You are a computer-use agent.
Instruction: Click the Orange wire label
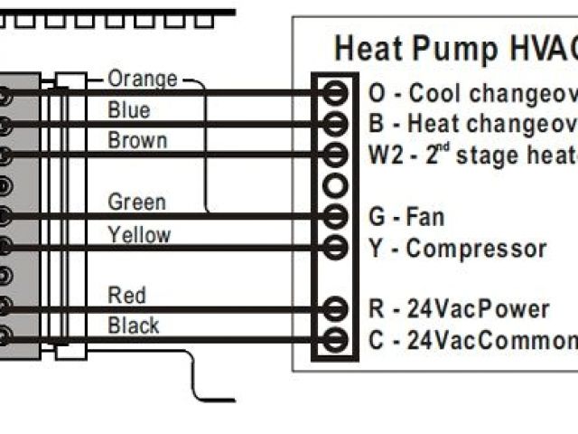coord(143,80)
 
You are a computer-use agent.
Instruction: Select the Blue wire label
coord(129,110)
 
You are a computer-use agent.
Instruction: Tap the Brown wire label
coord(137,141)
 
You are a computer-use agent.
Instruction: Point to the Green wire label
coord(136,202)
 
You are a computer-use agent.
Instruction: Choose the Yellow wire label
coord(139,235)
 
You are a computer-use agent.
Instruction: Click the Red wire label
coord(126,295)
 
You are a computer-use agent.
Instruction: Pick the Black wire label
coord(134,325)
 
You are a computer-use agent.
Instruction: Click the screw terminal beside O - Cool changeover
coord(335,92)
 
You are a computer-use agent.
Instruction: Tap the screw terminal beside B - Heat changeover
coord(335,123)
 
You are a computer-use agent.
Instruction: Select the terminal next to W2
coord(335,154)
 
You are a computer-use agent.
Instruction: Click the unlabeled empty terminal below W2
coord(335,185)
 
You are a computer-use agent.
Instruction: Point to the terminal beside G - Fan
coord(335,216)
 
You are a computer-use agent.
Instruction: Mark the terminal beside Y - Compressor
coord(335,247)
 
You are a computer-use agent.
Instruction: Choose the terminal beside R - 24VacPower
coord(335,309)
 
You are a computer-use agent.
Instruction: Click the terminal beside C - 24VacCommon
coord(335,340)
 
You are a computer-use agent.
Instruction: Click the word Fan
coord(425,217)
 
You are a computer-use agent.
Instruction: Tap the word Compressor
coord(476,249)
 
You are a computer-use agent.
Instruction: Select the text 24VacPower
coord(478,309)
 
